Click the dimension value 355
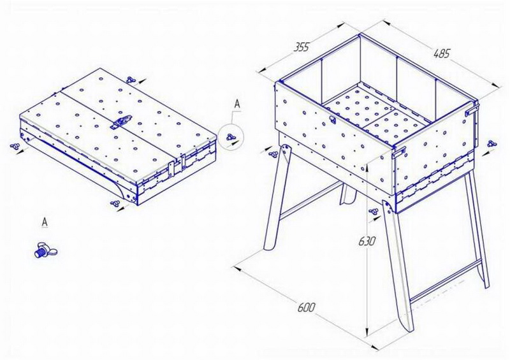(301, 47)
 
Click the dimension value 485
(442, 53)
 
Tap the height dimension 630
(367, 241)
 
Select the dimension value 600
(307, 308)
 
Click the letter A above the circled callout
(237, 104)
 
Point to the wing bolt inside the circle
(231, 137)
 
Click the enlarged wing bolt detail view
(45, 250)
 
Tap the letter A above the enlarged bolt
(45, 222)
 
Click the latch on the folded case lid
(121, 122)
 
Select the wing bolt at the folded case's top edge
(131, 79)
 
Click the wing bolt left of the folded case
(15, 146)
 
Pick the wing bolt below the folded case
(115, 204)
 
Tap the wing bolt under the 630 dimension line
(374, 212)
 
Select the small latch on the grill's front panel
(332, 119)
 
